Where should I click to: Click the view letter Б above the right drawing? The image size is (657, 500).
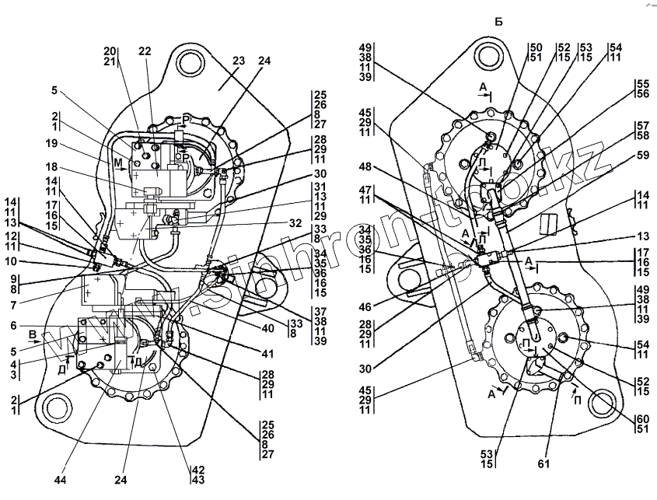pyautogui.click(x=498, y=22)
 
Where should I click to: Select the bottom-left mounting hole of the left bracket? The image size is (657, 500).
pyautogui.click(x=55, y=407)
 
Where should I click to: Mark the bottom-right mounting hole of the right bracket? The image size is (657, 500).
pyautogui.click(x=600, y=404)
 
